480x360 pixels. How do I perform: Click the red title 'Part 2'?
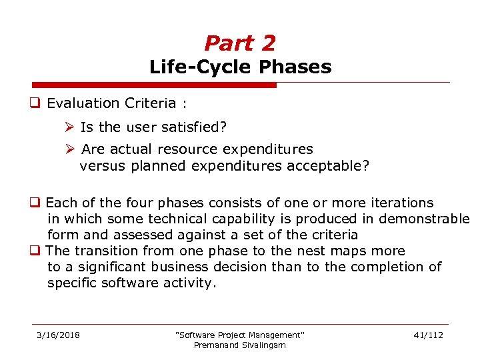(240, 43)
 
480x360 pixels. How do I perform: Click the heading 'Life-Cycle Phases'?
(240, 67)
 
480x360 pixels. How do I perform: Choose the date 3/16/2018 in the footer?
(58, 335)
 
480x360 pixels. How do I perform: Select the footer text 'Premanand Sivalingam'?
(239, 345)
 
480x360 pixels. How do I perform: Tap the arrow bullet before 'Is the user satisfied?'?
(71, 127)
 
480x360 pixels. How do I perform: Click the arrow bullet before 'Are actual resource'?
(71, 149)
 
